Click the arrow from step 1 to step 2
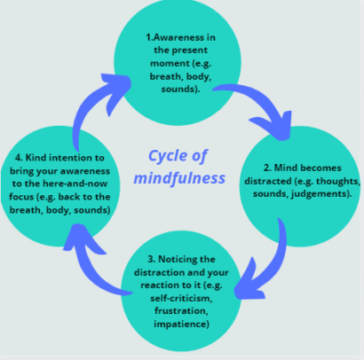click(x=267, y=103)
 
